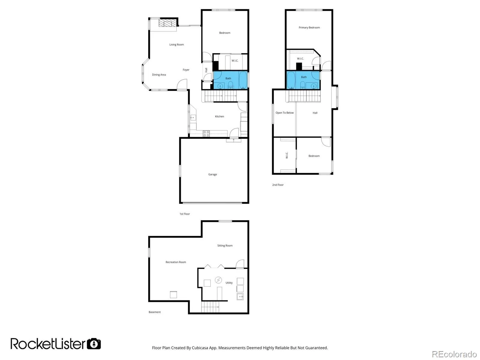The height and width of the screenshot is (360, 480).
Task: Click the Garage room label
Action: click(212, 174)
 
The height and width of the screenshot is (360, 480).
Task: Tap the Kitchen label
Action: click(219, 116)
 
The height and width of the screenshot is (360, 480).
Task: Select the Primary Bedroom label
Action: click(309, 28)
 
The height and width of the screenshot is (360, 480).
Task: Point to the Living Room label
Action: click(176, 45)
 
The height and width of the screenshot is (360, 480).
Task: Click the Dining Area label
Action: click(159, 75)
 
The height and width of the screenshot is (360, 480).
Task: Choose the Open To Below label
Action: click(284, 113)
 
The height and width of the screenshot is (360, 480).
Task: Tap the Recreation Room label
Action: click(175, 262)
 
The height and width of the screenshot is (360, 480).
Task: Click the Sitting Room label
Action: click(225, 246)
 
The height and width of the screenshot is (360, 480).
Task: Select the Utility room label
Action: click(229, 283)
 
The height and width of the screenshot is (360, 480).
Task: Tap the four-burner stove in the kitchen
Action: click(206, 134)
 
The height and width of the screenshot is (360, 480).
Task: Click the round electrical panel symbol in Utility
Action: click(218, 280)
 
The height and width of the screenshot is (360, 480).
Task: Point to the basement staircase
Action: click(210, 307)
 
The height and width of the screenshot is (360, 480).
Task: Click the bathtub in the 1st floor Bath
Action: click(243, 80)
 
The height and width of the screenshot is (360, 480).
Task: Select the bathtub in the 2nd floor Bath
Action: click(291, 80)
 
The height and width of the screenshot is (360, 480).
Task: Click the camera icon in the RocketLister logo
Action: click(94, 344)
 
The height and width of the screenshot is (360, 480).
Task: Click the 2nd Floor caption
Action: click(278, 185)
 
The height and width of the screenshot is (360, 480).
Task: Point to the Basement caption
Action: click(154, 312)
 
